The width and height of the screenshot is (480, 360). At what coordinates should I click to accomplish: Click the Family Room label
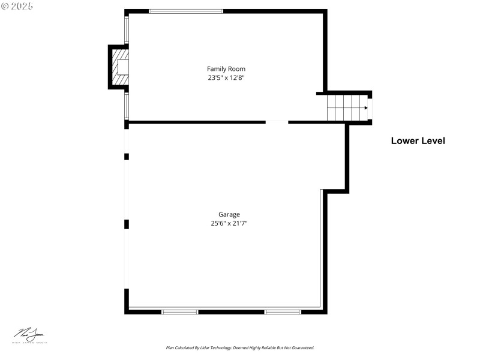pyautogui.click(x=226, y=69)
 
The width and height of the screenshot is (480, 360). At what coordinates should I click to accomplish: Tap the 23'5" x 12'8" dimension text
pyautogui.click(x=226, y=77)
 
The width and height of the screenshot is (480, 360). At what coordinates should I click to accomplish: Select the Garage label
pyautogui.click(x=229, y=214)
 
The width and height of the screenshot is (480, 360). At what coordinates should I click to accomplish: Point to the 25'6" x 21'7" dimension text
pyautogui.click(x=229, y=223)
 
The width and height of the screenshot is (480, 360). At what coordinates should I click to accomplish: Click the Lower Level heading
pyautogui.click(x=418, y=141)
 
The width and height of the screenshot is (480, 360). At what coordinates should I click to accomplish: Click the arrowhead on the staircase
pyautogui.click(x=365, y=108)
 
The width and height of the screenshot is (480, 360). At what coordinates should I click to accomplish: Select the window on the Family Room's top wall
pyautogui.click(x=185, y=11)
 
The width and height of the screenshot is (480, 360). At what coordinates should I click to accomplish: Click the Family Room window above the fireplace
pyautogui.click(x=126, y=30)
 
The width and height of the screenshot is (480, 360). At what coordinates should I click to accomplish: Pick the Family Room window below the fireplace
pyautogui.click(x=126, y=105)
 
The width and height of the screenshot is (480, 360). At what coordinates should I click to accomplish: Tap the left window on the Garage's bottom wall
pyautogui.click(x=180, y=311)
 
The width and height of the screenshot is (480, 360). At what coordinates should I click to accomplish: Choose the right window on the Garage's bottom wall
pyautogui.click(x=283, y=311)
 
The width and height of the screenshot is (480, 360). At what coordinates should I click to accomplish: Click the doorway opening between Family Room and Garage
pyautogui.click(x=277, y=122)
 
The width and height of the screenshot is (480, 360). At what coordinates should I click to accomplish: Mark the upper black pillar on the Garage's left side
pyautogui.click(x=127, y=157)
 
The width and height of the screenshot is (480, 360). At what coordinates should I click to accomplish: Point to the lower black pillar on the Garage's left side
pyautogui.click(x=127, y=224)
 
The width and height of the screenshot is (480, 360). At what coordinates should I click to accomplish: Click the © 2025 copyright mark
pyautogui.click(x=17, y=5)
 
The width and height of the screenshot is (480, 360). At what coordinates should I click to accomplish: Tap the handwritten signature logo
pyautogui.click(x=29, y=335)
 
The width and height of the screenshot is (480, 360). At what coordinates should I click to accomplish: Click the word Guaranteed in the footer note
pyautogui.click(x=301, y=348)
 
